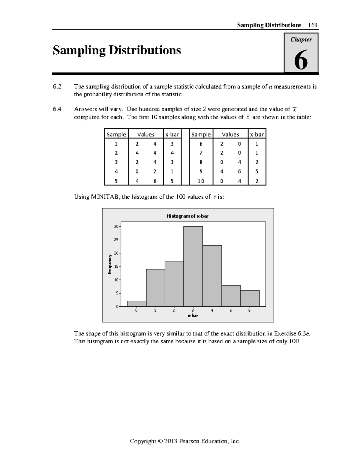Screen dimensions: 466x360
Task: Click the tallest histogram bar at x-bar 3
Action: (193, 266)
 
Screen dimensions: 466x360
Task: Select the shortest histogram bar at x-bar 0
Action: (137, 303)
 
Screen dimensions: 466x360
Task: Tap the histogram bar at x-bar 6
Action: (250, 298)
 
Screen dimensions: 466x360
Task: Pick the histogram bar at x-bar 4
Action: (212, 276)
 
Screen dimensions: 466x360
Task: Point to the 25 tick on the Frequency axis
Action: (116, 240)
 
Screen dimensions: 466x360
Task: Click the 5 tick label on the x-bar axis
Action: (231, 311)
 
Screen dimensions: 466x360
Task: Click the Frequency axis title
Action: (110, 264)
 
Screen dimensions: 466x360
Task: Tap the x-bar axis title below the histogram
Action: (193, 316)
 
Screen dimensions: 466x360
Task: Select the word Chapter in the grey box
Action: (301, 40)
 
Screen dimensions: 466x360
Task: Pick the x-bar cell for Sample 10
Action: (257, 181)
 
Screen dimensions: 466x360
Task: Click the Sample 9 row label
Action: (201, 172)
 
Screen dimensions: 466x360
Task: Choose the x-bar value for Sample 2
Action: (172, 153)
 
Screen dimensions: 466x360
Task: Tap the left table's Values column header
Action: (145, 134)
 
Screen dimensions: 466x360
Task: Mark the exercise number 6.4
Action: (57, 110)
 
